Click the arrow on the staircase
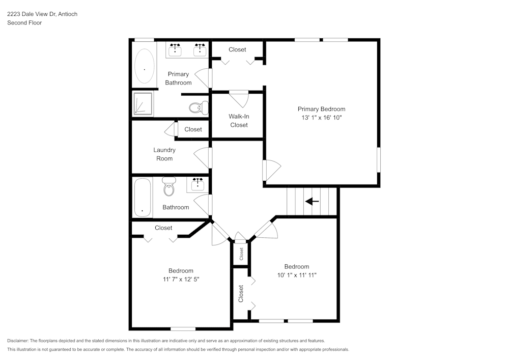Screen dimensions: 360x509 coord(312,202)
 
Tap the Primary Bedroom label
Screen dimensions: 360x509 coord(321,109)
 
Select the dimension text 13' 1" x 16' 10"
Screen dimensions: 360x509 coord(321,118)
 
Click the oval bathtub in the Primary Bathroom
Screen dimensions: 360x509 coord(145,67)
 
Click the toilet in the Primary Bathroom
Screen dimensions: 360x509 coord(198,107)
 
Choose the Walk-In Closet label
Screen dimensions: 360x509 coord(239,121)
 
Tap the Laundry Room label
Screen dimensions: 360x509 coord(164,154)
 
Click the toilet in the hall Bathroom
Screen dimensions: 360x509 coord(168,187)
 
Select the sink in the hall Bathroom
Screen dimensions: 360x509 coord(197,184)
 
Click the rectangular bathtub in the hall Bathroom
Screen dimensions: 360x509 coord(143,197)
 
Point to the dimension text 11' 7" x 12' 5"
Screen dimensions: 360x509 coord(181,280)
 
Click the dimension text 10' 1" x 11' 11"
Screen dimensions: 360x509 coord(296,275)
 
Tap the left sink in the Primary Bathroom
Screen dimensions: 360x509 coord(176,49)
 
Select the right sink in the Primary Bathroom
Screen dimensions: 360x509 coord(200,49)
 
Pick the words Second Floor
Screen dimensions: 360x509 coord(24,23)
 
